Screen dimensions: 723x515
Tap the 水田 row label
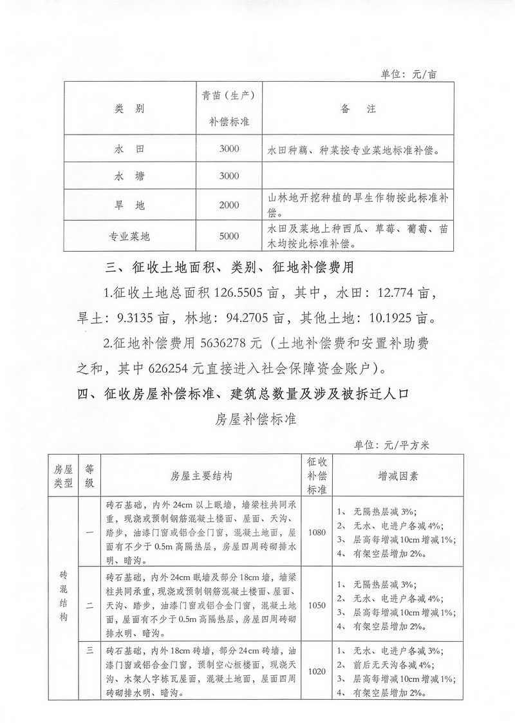(129, 149)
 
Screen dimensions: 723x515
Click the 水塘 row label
(129, 176)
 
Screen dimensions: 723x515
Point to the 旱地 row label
(129, 205)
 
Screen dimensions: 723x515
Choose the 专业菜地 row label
(129, 236)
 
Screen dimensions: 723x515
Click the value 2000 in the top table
(229, 205)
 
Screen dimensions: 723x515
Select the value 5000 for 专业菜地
(229, 236)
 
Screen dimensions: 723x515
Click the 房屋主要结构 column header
(201, 476)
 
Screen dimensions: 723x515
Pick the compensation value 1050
(317, 605)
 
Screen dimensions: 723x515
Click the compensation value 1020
(317, 671)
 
